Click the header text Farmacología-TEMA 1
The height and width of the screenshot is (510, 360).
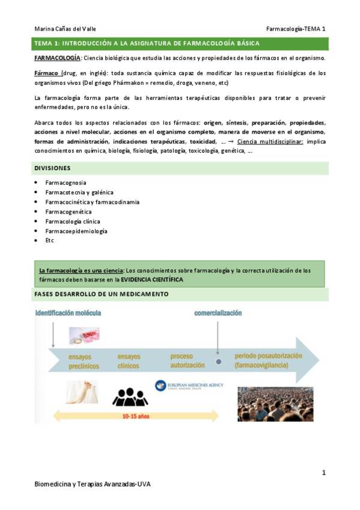(x=297, y=28)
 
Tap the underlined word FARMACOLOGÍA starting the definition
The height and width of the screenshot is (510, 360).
(x=56, y=58)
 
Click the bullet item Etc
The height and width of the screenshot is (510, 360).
(x=49, y=241)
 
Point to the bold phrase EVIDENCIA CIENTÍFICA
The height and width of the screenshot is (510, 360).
(x=152, y=280)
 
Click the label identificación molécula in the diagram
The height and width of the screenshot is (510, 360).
(x=68, y=313)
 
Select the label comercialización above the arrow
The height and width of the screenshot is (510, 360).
(x=218, y=313)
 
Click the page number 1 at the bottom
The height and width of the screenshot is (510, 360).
(x=323, y=473)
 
